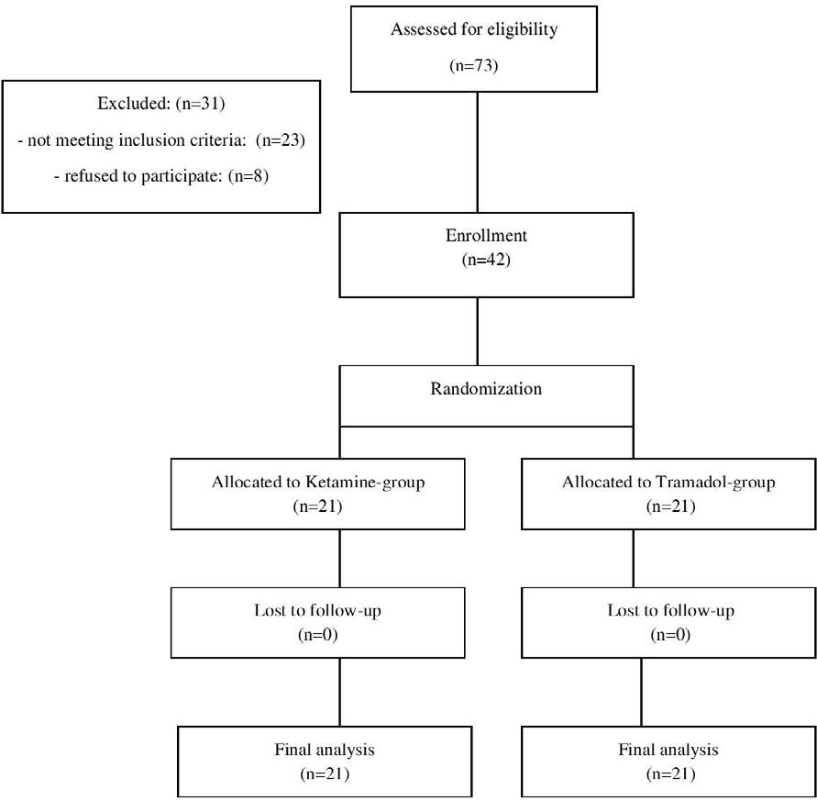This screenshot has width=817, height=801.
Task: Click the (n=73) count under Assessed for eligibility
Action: [x=474, y=66]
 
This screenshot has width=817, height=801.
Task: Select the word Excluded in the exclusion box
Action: [x=133, y=104]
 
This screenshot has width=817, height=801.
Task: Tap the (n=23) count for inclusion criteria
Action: [x=281, y=139]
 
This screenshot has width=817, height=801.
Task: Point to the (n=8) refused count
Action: [x=248, y=176]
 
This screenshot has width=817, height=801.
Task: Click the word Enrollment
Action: [x=486, y=236]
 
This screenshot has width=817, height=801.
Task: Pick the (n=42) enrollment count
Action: [x=486, y=260]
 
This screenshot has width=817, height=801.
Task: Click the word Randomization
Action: [x=486, y=388]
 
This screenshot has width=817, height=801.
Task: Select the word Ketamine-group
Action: [x=365, y=483]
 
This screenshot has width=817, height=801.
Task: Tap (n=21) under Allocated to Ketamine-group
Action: [x=317, y=506]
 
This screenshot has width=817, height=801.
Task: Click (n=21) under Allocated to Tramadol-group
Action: [x=670, y=506]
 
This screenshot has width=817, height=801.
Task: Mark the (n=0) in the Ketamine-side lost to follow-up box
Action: [x=317, y=635]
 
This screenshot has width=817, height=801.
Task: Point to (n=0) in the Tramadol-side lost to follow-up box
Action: [x=670, y=635]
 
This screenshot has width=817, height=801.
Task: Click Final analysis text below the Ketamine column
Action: [x=325, y=750]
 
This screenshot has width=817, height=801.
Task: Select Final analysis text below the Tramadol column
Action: [x=668, y=750]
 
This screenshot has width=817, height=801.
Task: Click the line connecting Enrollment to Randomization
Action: [x=478, y=331]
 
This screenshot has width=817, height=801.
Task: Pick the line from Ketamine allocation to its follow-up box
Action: [x=339, y=559]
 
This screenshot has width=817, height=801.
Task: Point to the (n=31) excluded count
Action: [x=201, y=104]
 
